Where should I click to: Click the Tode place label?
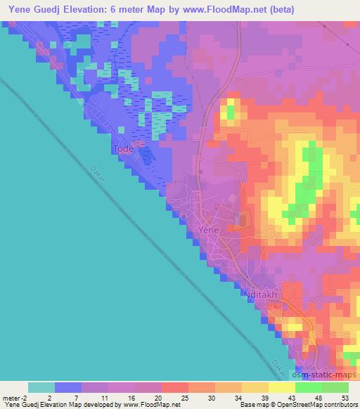123,149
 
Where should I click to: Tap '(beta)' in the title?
279,10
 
